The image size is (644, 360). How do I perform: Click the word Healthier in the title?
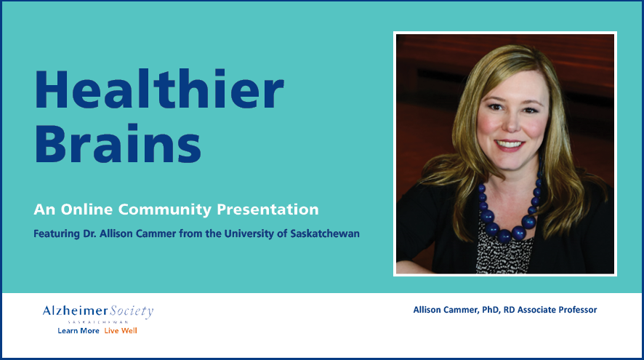tap(159, 89)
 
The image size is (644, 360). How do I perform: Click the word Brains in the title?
tap(118, 143)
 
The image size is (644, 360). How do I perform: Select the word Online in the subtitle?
tap(86, 209)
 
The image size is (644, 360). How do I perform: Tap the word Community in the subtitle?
tap(165, 210)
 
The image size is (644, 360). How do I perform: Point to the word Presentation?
tap(267, 209)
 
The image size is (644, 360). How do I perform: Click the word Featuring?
tap(57, 234)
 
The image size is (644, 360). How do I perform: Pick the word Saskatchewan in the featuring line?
tap(325, 233)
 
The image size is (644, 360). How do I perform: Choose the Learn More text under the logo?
tap(79, 331)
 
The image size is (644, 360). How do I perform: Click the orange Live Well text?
tap(121, 331)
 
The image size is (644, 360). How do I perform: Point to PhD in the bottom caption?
tap(491, 310)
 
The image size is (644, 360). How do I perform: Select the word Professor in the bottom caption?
tap(577, 310)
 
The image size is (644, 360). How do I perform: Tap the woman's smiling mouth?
tap(510, 145)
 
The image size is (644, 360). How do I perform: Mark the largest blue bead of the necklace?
tap(504, 236)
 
